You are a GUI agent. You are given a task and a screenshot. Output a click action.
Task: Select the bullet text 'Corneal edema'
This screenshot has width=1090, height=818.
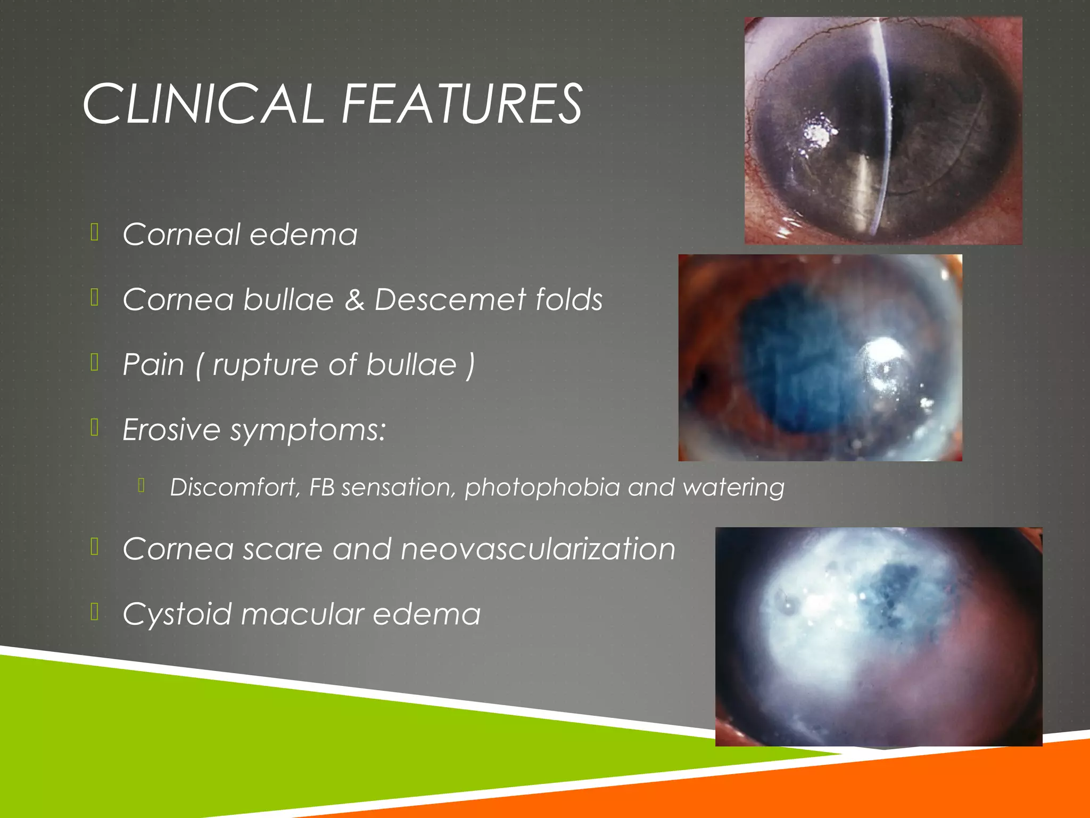(240, 234)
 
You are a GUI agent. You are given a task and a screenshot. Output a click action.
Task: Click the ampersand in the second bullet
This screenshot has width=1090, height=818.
(354, 299)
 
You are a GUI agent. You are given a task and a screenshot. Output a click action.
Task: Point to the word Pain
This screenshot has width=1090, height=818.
(153, 364)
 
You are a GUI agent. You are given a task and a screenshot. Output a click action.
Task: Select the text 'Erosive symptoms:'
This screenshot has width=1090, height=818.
(254, 429)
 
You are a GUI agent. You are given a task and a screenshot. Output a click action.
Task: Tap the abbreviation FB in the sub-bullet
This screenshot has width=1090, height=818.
(321, 487)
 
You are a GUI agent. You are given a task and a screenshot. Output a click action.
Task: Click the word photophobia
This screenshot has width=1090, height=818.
(542, 488)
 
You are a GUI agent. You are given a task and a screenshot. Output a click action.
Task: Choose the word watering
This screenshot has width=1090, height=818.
(733, 488)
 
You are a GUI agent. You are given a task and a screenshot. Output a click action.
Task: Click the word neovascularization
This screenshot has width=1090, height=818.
(538, 549)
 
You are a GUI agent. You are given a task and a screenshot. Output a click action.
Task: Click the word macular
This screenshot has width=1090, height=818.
(302, 613)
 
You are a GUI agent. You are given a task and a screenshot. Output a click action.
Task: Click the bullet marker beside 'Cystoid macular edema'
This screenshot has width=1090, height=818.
(95, 612)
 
